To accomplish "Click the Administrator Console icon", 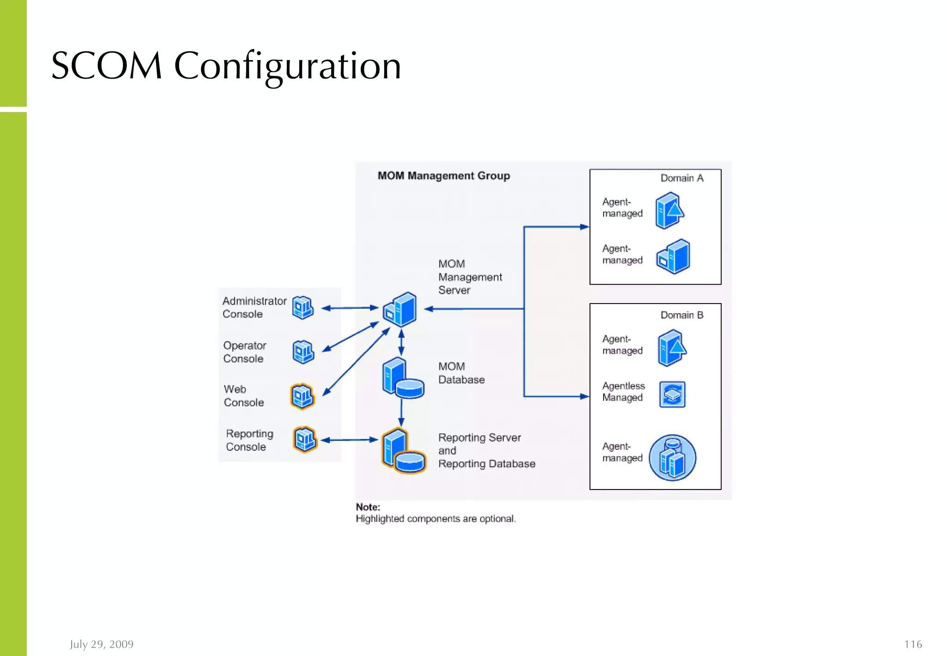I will [x=303, y=308].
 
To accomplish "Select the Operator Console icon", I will [x=303, y=352].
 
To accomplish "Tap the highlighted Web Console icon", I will [x=302, y=396].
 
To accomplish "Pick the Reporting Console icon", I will [x=305, y=439].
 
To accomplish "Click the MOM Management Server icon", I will [x=400, y=309].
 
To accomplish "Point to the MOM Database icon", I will [x=403, y=378].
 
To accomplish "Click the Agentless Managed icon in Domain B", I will [x=672, y=395].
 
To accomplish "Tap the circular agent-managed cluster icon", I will [x=672, y=458].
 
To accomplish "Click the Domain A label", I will [x=682, y=178].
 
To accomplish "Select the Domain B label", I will [x=682, y=315].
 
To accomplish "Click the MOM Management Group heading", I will [x=443, y=176].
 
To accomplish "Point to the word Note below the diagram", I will [x=368, y=507].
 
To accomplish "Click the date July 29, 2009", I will [x=101, y=644].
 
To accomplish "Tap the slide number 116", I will [x=913, y=644].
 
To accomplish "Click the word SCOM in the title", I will [x=107, y=66].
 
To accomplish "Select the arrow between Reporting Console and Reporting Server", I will [x=349, y=440].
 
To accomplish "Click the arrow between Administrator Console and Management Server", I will [x=350, y=308].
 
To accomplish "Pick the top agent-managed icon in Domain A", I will [x=669, y=211].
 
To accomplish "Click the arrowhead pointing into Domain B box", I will [x=584, y=396].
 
